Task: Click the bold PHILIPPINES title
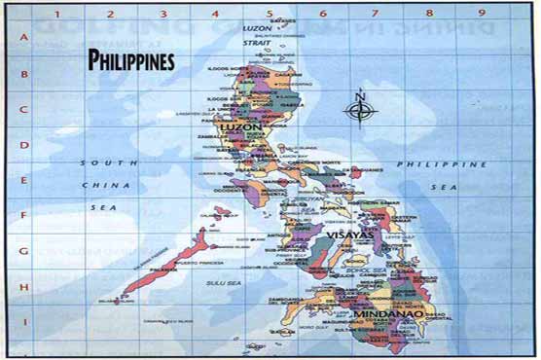coord(131,60)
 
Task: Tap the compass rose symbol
coord(360,110)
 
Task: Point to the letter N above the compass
coord(360,94)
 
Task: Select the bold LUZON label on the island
coord(241,127)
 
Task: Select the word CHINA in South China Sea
coord(99,184)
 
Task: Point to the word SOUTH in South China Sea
coord(98,162)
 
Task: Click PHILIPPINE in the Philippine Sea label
coord(428,164)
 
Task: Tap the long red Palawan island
coord(165,263)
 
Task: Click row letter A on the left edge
coord(21,38)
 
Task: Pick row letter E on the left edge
coord(21,180)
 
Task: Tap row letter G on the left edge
coord(21,250)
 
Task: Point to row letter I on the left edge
coord(21,320)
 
